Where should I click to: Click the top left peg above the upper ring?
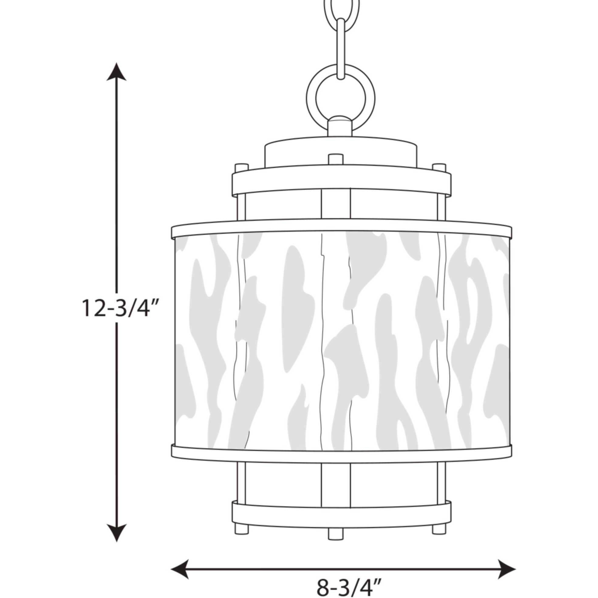click(x=242, y=169)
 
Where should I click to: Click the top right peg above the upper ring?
click(x=439, y=169)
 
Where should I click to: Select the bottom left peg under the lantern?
click(x=242, y=528)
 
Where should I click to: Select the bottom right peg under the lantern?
click(x=439, y=528)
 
